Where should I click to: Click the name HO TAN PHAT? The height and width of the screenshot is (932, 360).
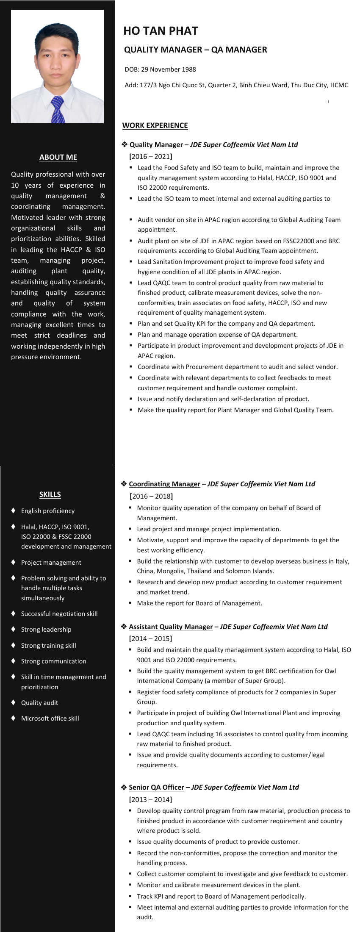161,31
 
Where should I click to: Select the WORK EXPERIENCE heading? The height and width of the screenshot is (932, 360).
155,125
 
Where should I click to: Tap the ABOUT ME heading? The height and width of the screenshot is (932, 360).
58,157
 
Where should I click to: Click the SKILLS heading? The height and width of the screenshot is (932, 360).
50,494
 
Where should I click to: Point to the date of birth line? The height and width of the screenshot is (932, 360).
160,69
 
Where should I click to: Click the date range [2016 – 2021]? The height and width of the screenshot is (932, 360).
151,156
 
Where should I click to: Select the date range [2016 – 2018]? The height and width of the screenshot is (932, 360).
151,496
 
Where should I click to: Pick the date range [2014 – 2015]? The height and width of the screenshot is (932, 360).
150,638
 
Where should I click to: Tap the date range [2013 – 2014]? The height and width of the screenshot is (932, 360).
150,799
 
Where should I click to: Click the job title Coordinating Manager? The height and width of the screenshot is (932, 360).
164,484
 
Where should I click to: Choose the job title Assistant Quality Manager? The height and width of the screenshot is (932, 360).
171,627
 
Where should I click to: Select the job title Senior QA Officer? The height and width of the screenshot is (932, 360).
156,787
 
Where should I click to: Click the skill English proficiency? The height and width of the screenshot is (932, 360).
48,511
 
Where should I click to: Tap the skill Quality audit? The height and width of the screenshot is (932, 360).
40,703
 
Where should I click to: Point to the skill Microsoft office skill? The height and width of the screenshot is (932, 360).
50,718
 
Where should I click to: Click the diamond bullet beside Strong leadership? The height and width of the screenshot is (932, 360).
14,629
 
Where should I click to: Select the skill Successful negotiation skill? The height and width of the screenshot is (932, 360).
59,614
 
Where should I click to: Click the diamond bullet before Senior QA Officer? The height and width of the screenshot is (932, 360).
124,787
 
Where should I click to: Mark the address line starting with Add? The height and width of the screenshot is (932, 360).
236,85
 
